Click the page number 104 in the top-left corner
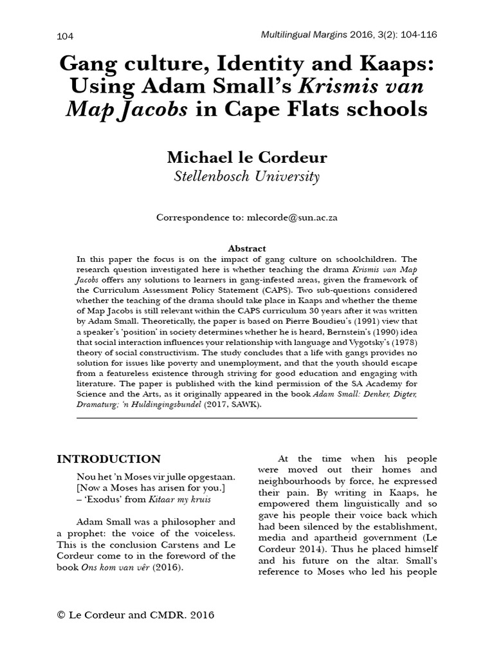click(x=66, y=36)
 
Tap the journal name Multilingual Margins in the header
click(x=300, y=34)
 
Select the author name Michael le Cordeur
click(x=246, y=158)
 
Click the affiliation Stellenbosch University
click(x=246, y=177)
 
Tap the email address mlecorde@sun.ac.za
click(x=292, y=218)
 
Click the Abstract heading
click(x=247, y=248)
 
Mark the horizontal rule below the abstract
click(x=246, y=418)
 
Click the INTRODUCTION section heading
click(x=109, y=459)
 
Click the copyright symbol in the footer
click(x=62, y=615)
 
